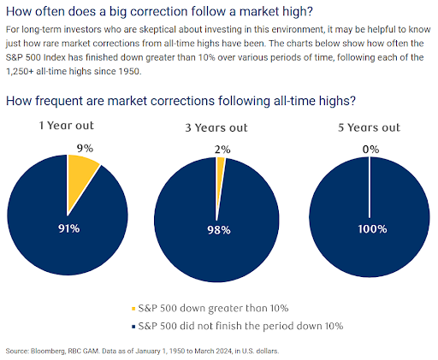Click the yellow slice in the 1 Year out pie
click(x=80, y=177)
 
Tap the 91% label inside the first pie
click(x=68, y=228)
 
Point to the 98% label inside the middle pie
click(x=219, y=230)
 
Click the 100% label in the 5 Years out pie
click(x=372, y=229)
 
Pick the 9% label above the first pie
click(x=85, y=148)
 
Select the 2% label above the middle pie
click(x=222, y=150)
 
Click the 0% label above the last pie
click(x=370, y=150)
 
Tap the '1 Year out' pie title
click(x=67, y=126)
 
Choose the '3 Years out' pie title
click(x=216, y=127)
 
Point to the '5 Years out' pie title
click(x=370, y=127)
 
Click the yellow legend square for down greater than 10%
click(x=133, y=309)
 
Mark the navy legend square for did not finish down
click(x=133, y=327)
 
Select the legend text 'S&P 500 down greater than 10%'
click(x=213, y=308)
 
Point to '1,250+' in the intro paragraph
click(x=20, y=71)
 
